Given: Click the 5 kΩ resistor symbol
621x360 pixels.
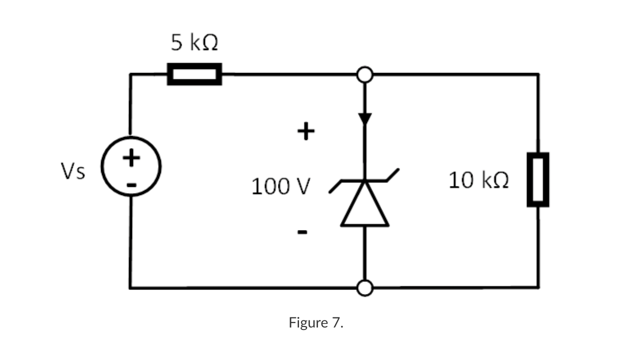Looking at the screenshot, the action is pos(194,74).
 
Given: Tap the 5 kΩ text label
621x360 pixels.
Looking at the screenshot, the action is pos(194,43).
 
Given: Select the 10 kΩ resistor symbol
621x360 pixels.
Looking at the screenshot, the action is pos(538,179).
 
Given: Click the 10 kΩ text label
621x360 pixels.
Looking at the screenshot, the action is pos(478,180).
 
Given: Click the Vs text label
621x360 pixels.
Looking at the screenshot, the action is pos(73,172).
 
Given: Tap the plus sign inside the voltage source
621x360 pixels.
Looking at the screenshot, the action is pos(131,158).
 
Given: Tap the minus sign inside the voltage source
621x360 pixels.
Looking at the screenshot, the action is pos(131,185).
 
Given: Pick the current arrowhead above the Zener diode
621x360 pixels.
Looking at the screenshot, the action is pos(365,119).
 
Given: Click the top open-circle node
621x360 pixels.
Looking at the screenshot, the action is pos(365,74).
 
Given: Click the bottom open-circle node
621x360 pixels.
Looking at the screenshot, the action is pos(365,288).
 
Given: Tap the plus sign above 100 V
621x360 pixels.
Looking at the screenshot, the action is pos(305,131).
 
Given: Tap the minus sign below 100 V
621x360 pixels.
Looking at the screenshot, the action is pos(302,232).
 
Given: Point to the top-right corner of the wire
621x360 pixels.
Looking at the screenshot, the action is pos(538,75).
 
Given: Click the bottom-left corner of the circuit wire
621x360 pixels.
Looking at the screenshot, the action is pos(130,287).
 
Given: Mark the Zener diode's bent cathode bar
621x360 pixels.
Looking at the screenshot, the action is pos(365,181).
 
